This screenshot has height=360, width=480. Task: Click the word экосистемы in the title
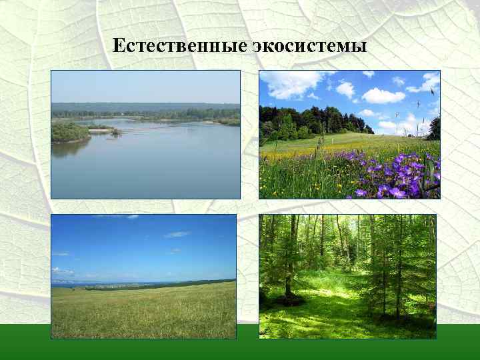(310, 46)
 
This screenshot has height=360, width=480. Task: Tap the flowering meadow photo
(349, 134)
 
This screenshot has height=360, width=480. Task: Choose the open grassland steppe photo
(143, 276)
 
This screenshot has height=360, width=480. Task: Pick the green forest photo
(347, 276)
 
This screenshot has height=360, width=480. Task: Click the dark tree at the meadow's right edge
(434, 127)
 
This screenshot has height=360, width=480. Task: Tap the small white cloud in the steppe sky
(177, 235)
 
